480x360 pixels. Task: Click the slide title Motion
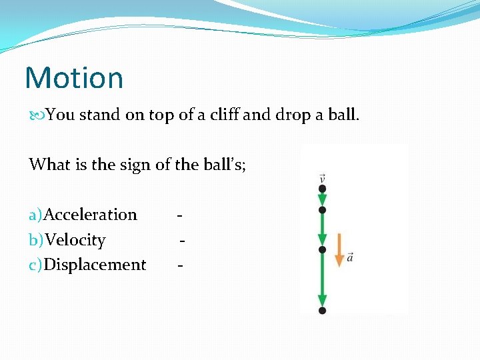[x=74, y=78]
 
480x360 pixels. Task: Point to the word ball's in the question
[x=223, y=164]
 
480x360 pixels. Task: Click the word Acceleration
[x=90, y=215]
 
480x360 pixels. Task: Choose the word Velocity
[x=75, y=240]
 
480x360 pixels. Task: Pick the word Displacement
[x=95, y=265]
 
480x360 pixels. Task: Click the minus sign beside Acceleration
[x=180, y=215]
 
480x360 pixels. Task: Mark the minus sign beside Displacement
[x=180, y=265]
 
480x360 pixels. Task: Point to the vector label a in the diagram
[x=350, y=257]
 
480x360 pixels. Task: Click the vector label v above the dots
[x=323, y=178]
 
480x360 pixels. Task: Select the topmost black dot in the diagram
[x=323, y=189]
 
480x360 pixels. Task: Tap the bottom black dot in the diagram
[x=323, y=310]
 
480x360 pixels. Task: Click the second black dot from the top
[x=323, y=209]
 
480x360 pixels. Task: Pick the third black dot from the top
[x=323, y=249]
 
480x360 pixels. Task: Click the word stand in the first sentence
[x=99, y=115]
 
